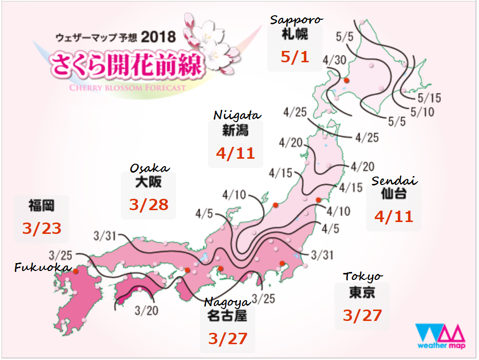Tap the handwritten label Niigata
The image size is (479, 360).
(x=237, y=115)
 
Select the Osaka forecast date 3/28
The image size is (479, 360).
(x=148, y=204)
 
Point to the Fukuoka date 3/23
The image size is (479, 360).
(x=42, y=228)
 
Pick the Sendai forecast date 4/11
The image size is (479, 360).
(x=393, y=216)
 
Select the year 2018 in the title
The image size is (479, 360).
(x=158, y=37)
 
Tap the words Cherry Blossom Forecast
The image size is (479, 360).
(x=128, y=88)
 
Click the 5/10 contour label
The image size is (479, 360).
(x=422, y=112)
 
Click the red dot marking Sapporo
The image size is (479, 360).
(x=347, y=80)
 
